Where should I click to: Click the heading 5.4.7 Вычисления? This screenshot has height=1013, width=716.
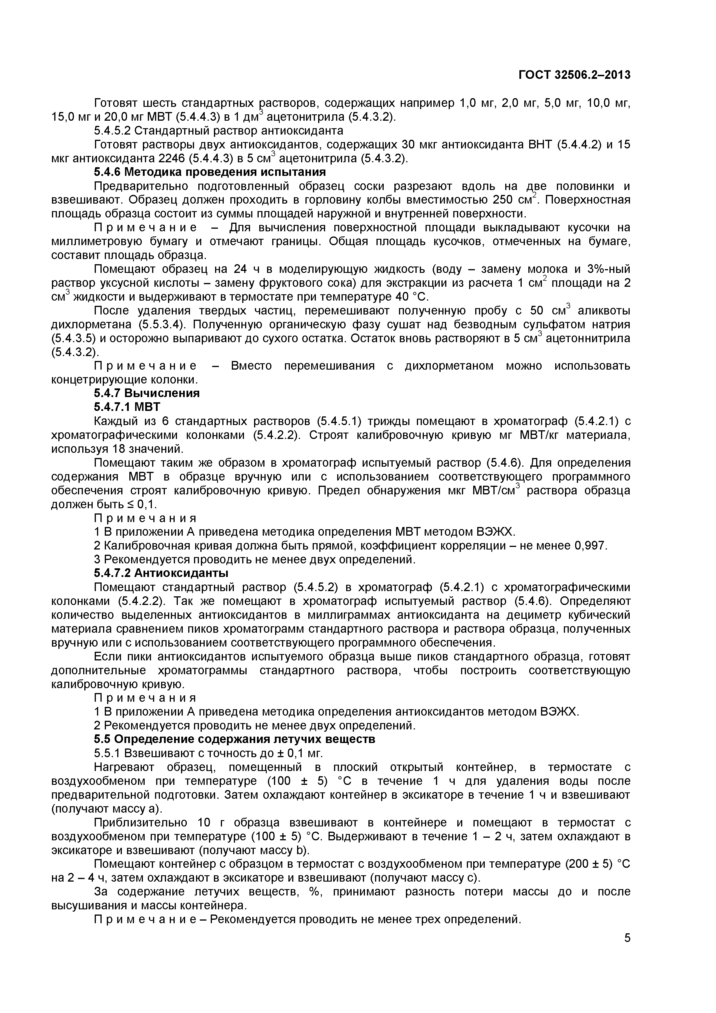click(147, 393)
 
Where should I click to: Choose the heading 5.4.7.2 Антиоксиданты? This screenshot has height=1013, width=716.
click(161, 573)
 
